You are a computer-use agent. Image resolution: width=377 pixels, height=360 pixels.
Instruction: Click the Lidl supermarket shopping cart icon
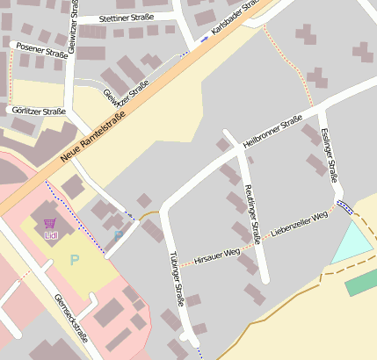(50, 224)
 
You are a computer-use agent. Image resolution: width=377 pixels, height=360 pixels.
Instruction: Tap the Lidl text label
(50, 235)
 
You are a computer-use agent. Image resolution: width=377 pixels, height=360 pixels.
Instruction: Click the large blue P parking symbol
(75, 260)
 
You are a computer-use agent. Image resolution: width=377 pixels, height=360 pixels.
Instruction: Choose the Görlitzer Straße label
(38, 112)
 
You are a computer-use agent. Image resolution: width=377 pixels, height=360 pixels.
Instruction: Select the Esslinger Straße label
(330, 155)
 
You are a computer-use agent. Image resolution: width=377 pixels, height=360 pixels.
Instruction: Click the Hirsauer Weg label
(217, 253)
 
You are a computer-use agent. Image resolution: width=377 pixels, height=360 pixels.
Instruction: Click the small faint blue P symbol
(118, 237)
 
